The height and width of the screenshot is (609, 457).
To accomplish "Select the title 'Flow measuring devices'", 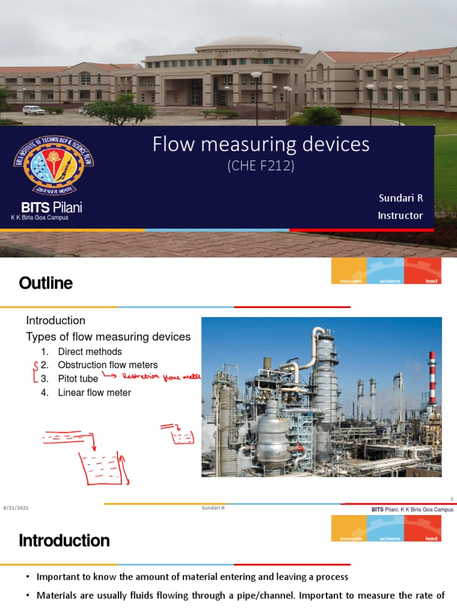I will pyautogui.click(x=261, y=145).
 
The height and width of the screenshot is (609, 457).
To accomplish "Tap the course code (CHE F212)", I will pyautogui.click(x=261, y=167).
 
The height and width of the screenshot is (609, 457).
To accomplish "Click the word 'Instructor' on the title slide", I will pyautogui.click(x=400, y=215).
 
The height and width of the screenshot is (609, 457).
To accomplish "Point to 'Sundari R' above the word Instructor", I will pyautogui.click(x=400, y=197).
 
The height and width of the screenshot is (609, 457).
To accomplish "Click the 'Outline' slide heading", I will pyautogui.click(x=46, y=284).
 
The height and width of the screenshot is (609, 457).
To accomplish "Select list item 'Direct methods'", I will pyautogui.click(x=89, y=351).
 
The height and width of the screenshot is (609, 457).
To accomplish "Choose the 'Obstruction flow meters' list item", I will pyautogui.click(x=107, y=365).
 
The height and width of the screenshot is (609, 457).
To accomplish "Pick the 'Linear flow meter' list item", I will pyautogui.click(x=94, y=392).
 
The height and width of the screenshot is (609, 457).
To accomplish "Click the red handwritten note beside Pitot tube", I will pyautogui.click(x=161, y=376).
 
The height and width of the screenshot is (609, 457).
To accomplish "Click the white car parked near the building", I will pyautogui.click(x=33, y=110).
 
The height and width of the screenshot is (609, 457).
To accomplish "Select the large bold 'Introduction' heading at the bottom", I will pyautogui.click(x=64, y=541).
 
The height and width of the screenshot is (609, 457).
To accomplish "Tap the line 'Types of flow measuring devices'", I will pyautogui.click(x=108, y=337).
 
